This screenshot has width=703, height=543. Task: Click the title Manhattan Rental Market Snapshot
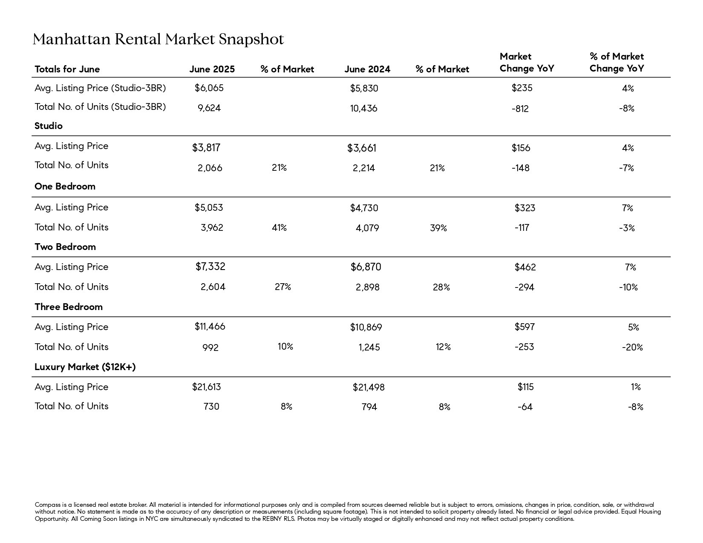158,39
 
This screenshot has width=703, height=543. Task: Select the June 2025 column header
212,69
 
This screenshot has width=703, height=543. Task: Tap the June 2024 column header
367,69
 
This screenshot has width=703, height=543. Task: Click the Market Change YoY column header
527,63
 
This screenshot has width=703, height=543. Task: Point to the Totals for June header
67,69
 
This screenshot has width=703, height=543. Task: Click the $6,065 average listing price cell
209,88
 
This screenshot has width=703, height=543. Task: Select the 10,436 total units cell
363,108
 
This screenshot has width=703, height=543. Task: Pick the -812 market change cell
520,109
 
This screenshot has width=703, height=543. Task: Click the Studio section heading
49,126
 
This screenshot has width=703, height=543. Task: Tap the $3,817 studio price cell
206,148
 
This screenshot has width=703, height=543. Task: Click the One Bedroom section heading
65,186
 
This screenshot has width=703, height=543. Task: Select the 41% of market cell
279,228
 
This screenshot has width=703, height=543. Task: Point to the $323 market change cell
525,208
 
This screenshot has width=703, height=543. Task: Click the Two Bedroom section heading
65,247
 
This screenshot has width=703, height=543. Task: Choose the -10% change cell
628,287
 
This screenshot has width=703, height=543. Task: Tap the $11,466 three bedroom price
210,327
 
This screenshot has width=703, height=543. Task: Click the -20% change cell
632,348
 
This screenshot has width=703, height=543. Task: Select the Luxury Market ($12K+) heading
85,367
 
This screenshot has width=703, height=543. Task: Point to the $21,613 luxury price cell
206,387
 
